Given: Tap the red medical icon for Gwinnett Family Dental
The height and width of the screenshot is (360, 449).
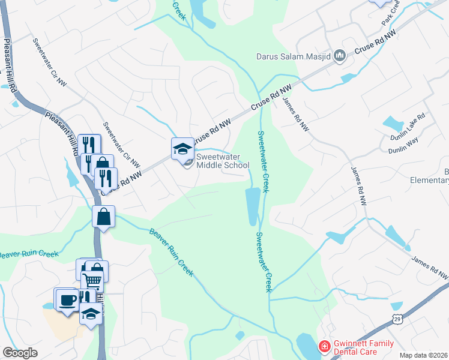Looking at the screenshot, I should coord(324,346).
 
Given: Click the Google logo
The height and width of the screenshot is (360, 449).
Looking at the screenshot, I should coord(20,352).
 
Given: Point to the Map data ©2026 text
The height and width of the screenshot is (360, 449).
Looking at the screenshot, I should coord(424,355).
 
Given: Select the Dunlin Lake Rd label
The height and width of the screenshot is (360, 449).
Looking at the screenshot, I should coord(412,124).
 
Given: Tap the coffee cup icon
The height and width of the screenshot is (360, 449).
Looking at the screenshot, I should coord(65,299).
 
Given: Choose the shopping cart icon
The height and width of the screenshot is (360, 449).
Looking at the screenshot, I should coord(92,280).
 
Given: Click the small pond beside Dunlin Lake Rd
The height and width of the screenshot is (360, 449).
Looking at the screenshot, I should coord(394,124).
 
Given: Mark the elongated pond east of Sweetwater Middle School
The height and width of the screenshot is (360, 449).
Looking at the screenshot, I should coord(253,206).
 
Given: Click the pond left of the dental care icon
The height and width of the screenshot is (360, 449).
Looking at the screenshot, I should coord(308,347).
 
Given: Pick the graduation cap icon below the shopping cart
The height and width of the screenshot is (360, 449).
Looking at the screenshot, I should coord(91,314).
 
